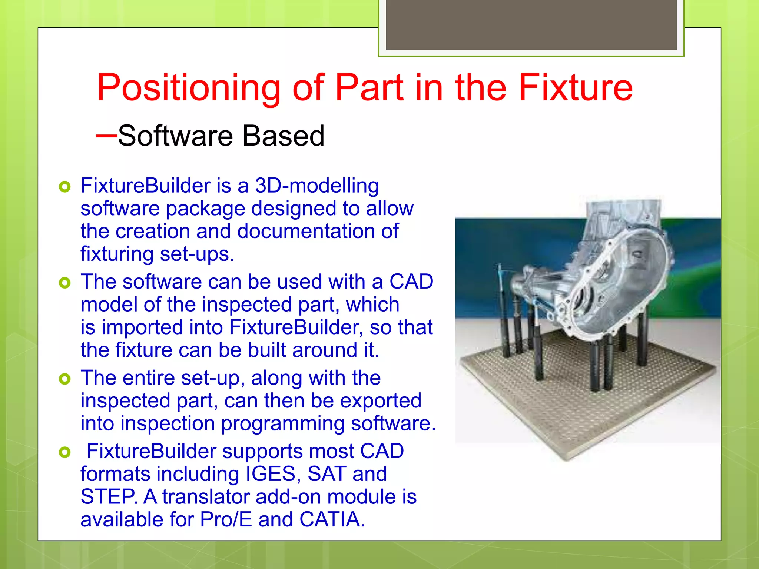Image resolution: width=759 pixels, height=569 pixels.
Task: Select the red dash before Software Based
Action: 106,136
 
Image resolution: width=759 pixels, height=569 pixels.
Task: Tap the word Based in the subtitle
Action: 283,136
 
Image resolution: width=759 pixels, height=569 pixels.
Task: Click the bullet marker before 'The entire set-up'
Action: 64,379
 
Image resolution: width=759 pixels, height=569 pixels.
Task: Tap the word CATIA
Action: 332,519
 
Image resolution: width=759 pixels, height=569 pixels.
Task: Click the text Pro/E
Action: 226,519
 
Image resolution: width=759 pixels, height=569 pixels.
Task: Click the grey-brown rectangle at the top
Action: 531,24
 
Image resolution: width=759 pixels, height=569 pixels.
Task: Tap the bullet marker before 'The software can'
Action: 64,283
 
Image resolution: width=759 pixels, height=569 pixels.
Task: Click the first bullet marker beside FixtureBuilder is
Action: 64,187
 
